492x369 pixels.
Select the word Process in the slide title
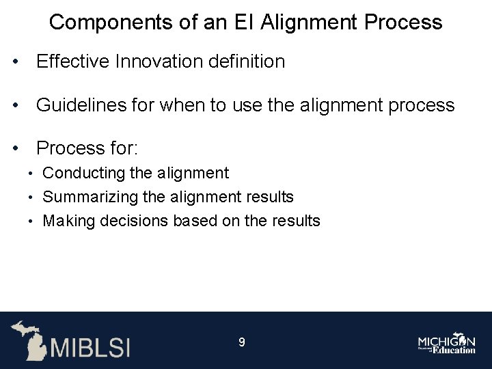click(x=403, y=23)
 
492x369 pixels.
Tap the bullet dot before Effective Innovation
click(x=14, y=62)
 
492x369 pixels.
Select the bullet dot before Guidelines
click(x=14, y=106)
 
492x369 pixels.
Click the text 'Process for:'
click(x=87, y=148)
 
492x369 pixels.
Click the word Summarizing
click(x=90, y=197)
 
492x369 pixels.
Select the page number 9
click(x=241, y=342)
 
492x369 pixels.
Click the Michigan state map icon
click(x=28, y=339)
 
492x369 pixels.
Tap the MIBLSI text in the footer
click(x=90, y=346)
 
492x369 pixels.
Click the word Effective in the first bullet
click(x=73, y=61)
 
